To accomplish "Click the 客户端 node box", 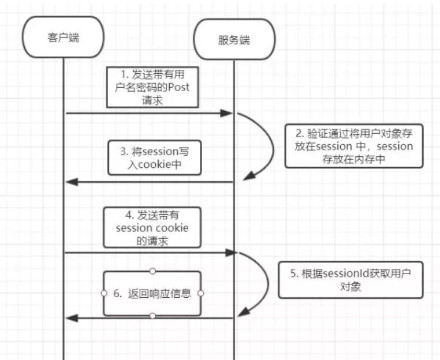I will (63, 37).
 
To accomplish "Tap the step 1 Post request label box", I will (152, 86).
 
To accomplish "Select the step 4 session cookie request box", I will (152, 227).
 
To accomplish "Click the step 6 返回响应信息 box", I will (152, 293).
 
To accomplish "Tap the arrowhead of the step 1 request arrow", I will (227, 114).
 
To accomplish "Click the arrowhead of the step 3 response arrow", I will (72, 182).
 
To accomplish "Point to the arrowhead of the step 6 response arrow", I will (72, 317).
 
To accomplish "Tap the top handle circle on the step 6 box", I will (152, 271).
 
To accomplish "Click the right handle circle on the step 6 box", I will (201, 293).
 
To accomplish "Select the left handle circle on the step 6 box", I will (104, 293).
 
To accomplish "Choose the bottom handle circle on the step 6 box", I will (152, 316).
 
